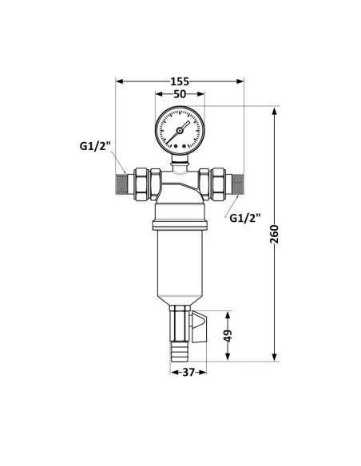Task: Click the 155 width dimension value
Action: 180,81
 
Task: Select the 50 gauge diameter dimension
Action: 180,94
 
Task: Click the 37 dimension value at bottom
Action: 189,372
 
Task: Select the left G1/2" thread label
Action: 95,147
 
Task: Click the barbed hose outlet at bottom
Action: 179,348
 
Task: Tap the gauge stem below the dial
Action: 180,164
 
